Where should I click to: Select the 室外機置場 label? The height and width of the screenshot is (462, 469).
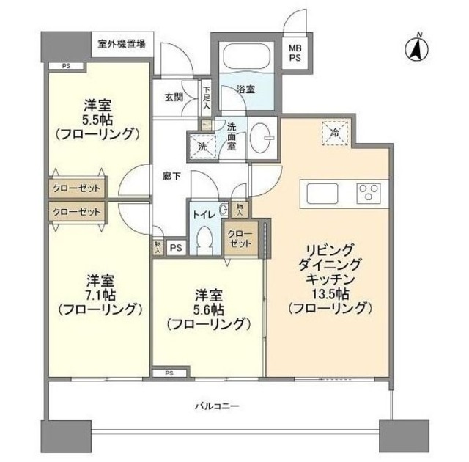(x=121, y=43)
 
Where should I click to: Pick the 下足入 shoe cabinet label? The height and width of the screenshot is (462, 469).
(x=207, y=99)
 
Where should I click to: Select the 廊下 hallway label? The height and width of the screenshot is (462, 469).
(x=172, y=176)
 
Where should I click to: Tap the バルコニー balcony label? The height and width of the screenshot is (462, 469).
(x=218, y=405)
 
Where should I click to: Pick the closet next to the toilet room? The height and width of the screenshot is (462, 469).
(x=241, y=240)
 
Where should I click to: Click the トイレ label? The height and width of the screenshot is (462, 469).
(x=203, y=216)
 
